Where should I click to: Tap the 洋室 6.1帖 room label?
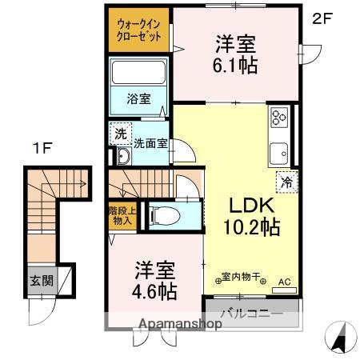tap(235, 54)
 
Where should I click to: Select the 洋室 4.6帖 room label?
tap(154, 279)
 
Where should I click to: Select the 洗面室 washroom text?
tap(149, 145)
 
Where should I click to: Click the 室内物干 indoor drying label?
tap(241, 278)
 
